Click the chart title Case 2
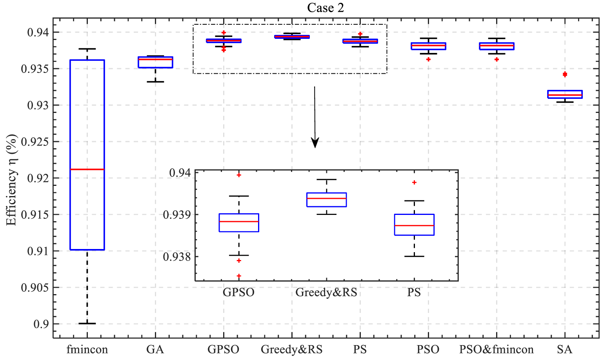click(326, 8)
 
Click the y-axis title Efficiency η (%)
click(12, 180)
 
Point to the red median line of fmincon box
click(87, 169)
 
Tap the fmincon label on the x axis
click(87, 349)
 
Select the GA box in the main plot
click(155, 62)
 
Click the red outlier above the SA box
click(565, 75)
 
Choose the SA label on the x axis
click(564, 349)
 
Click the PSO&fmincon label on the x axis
click(496, 349)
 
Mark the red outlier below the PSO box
click(428, 59)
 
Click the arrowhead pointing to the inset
click(315, 143)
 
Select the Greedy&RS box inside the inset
click(326, 200)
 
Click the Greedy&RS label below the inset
click(326, 293)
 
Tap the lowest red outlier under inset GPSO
click(239, 276)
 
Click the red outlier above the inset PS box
click(414, 182)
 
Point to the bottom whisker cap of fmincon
click(87, 324)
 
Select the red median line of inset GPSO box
click(239, 222)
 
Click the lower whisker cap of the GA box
click(155, 82)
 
